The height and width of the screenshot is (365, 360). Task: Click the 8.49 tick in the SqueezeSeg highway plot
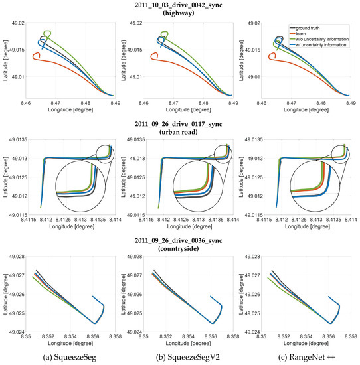[115, 104]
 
